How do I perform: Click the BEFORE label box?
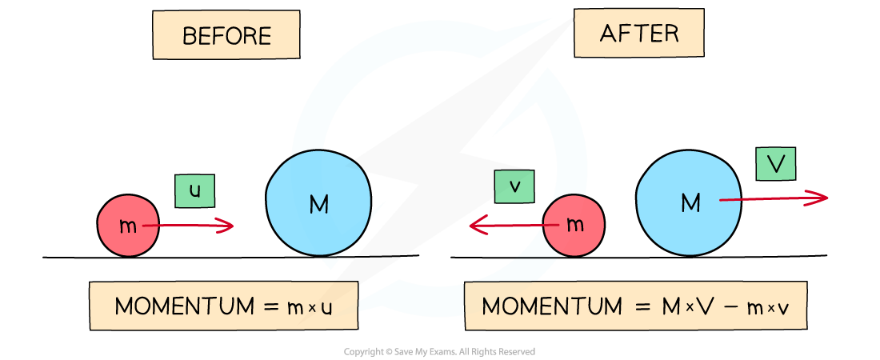226,36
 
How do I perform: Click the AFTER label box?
638,33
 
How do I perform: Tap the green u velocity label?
194,191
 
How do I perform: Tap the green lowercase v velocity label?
514,186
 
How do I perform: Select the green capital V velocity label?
775,164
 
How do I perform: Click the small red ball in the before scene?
128,226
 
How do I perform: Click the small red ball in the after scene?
574,226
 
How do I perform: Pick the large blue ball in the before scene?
318,203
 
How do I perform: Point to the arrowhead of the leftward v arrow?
474,226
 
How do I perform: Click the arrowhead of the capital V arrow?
823,198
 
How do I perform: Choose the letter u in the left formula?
326,308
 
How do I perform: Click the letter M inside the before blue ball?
318,205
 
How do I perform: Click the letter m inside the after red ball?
575,226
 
